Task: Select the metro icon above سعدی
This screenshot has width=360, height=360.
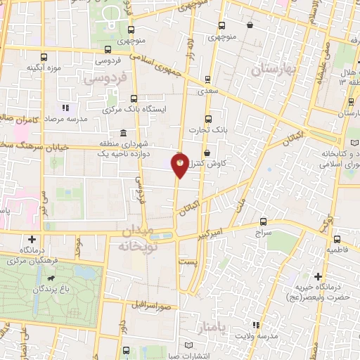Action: [207, 79]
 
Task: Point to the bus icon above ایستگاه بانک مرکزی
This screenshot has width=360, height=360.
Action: [134, 98]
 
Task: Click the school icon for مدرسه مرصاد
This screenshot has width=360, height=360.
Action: [65, 108]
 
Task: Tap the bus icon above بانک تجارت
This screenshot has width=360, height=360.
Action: [207, 118]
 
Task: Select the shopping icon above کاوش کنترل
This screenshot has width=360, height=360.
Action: [206, 153]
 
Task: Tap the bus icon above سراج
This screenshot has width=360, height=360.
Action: [263, 221]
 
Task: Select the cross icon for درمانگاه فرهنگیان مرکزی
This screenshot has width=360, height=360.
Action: [31, 239]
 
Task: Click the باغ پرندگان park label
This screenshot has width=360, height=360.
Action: [44, 289]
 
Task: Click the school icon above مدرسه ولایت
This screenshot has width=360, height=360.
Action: [257, 324]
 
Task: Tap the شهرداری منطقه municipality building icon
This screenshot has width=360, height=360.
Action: [124, 133]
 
